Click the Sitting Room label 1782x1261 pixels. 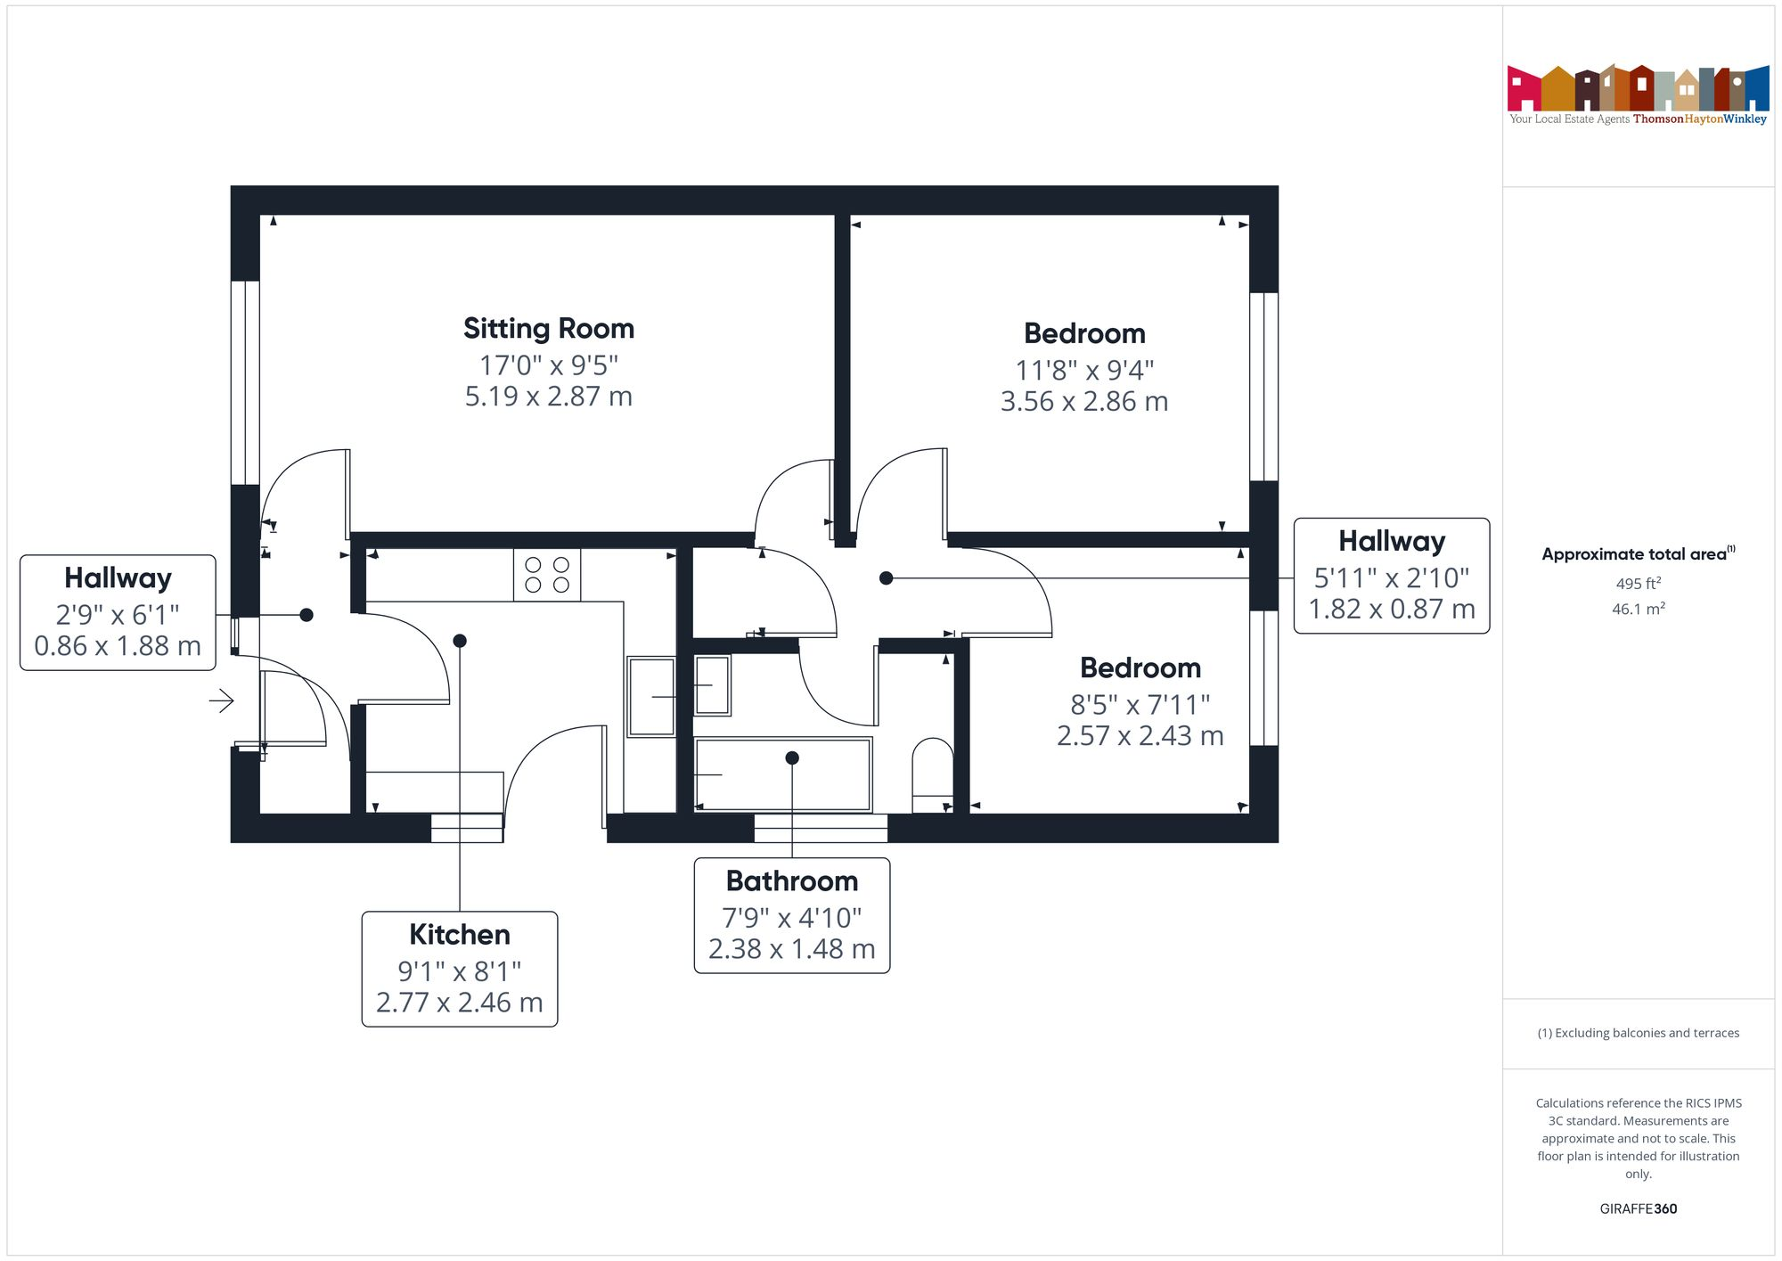548,329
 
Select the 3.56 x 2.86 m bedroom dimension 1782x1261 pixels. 1083,402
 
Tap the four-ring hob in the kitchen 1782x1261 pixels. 546,575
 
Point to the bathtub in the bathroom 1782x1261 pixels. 782,774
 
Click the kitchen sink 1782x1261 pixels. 651,696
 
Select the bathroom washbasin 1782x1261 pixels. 712,684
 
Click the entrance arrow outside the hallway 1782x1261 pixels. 221,701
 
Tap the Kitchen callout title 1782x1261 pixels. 459,935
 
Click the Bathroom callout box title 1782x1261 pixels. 791,881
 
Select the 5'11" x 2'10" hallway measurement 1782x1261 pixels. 1391,578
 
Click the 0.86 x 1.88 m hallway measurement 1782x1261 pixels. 118,646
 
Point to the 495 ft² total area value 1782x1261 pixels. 1638,584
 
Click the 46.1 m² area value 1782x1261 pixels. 1638,610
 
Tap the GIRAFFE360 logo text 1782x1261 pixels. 1638,1209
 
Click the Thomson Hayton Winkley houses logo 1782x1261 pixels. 1638,89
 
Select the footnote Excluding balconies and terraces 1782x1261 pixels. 1638,1034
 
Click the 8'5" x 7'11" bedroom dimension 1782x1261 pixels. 1140,705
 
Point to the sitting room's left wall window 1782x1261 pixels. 245,383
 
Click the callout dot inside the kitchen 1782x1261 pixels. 460,641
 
